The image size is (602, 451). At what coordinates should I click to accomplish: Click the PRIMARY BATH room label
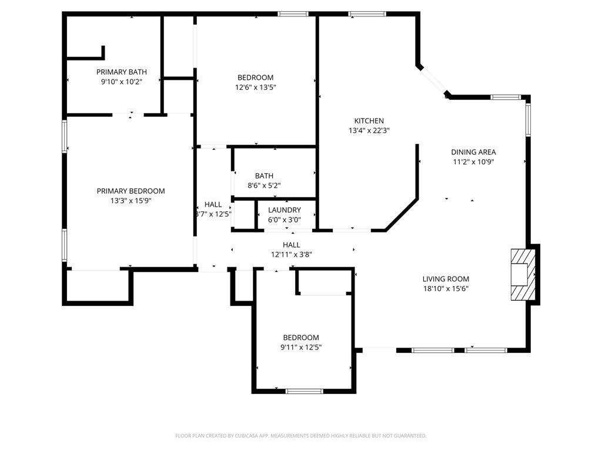(121, 72)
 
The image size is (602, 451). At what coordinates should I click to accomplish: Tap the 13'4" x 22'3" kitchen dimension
(369, 130)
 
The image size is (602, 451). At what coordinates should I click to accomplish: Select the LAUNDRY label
(285, 210)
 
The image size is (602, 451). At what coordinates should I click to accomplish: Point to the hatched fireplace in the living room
(523, 275)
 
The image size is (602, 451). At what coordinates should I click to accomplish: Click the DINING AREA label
(473, 152)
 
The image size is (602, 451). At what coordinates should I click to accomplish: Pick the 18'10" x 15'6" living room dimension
(446, 289)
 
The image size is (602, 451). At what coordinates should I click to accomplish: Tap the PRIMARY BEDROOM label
(131, 191)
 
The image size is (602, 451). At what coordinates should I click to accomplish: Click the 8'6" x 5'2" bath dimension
(264, 186)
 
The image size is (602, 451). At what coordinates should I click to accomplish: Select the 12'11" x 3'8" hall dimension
(292, 254)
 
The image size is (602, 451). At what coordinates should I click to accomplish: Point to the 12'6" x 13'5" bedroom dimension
(255, 87)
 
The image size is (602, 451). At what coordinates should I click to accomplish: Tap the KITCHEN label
(369, 121)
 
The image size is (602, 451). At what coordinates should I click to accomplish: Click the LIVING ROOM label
(446, 279)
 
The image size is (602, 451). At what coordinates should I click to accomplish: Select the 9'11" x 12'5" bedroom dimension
(301, 348)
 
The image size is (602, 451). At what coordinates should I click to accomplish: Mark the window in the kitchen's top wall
(367, 14)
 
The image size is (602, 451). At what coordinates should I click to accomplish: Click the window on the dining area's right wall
(528, 120)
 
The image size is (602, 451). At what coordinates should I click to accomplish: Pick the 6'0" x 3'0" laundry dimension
(285, 220)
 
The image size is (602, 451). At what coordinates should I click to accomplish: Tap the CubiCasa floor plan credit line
(301, 436)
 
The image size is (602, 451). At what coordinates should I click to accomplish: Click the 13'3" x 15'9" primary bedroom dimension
(131, 201)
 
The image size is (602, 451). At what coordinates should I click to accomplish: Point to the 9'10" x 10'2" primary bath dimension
(121, 81)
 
